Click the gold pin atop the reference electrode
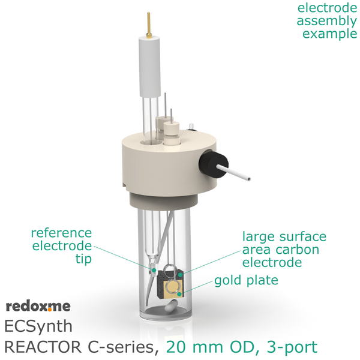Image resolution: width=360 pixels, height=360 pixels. pyautogui.click(x=149, y=25)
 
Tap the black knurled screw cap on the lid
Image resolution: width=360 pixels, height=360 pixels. pyautogui.click(x=213, y=164)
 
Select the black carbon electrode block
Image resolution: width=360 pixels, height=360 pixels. pyautogui.click(x=170, y=284)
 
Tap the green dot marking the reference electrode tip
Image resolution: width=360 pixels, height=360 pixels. pyautogui.click(x=154, y=270)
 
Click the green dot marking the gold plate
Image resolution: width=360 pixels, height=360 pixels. pyautogui.click(x=179, y=294)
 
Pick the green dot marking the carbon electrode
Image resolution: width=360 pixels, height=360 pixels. pyautogui.click(x=181, y=275)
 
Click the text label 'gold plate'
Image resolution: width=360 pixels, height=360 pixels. pyautogui.click(x=246, y=281)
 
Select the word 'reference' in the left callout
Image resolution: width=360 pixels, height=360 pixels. pyautogui.click(x=61, y=233)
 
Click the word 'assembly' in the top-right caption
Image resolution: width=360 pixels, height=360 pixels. pyautogui.click(x=327, y=21)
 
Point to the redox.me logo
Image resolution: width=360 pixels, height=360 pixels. pyautogui.click(x=38, y=306)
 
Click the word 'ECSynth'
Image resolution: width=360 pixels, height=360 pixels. pyautogui.click(x=38, y=327)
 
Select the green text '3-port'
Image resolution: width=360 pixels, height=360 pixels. pyautogui.click(x=292, y=347)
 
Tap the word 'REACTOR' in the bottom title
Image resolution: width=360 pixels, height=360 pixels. pyautogui.click(x=43, y=347)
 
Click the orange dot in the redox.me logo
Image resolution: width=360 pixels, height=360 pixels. pyautogui.click(x=50, y=310)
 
